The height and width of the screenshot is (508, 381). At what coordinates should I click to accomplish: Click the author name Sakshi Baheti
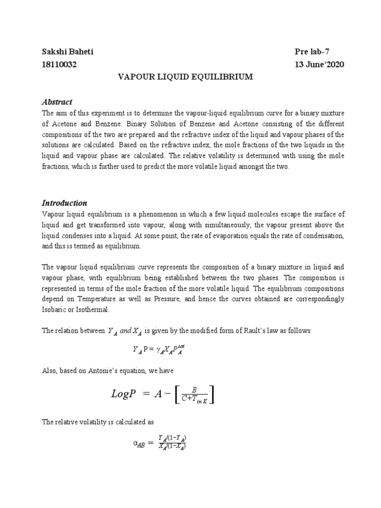tap(67, 52)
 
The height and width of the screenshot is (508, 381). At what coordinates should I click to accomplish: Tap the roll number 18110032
tap(59, 64)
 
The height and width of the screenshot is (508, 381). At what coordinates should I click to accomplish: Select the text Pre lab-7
tap(310, 52)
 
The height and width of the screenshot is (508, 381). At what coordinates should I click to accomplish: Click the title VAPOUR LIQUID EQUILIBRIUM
tap(185, 77)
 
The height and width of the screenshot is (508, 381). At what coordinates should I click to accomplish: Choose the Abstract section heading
tap(57, 102)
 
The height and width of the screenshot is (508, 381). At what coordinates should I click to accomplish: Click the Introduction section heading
tap(64, 203)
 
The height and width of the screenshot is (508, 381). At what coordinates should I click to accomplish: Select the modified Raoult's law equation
tap(161, 350)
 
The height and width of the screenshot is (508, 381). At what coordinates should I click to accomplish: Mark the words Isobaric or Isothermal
tap(76, 310)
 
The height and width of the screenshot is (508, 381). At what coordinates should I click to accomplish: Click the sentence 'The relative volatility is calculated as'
tap(98, 422)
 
